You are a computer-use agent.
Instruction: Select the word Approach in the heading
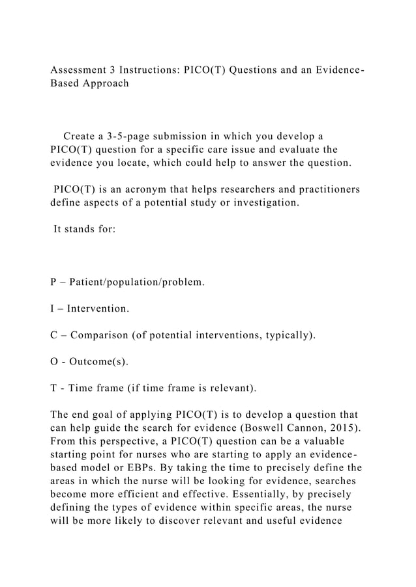pyautogui.click(x=105, y=84)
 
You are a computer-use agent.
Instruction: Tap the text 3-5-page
pyautogui.click(x=138, y=137)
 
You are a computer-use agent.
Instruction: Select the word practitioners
pyautogui.click(x=319, y=189)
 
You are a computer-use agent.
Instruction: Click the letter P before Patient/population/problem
pyautogui.click(x=53, y=283)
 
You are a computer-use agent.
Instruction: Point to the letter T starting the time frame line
pyautogui.click(x=53, y=389)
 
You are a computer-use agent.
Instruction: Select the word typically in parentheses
pyautogui.click(x=286, y=336)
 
